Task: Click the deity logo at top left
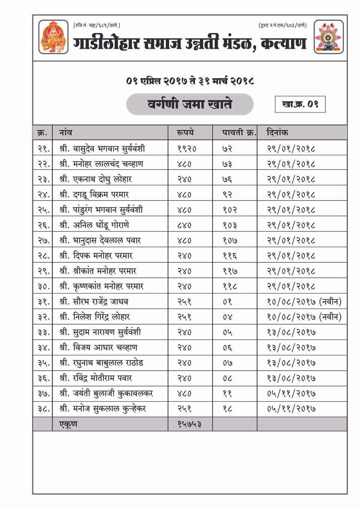tap(53, 37)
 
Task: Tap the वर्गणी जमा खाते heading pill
tap(190, 104)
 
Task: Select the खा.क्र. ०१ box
tap(300, 104)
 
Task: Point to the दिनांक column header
tap(277, 133)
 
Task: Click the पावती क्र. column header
tap(239, 133)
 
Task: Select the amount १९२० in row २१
tap(187, 148)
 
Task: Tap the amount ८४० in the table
tap(184, 225)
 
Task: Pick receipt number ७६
tap(227, 179)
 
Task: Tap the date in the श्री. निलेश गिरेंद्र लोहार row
tap(304, 317)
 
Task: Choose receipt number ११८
tap(229, 286)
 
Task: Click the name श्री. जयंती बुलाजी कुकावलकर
tap(106, 394)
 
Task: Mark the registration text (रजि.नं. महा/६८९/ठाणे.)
tap(97, 25)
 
